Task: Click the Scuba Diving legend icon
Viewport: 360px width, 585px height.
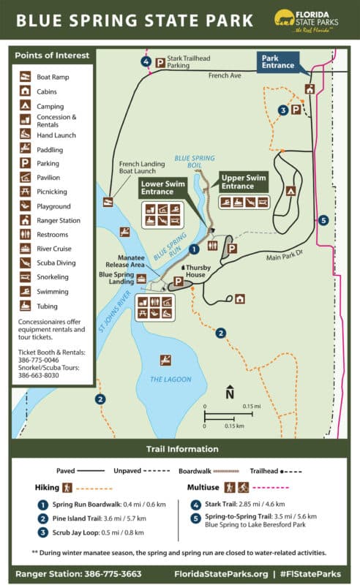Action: click(25, 263)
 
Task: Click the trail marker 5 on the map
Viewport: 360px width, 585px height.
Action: click(323, 219)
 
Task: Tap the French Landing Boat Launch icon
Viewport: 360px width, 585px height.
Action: click(108, 203)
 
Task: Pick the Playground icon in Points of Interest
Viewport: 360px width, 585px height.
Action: click(25, 206)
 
